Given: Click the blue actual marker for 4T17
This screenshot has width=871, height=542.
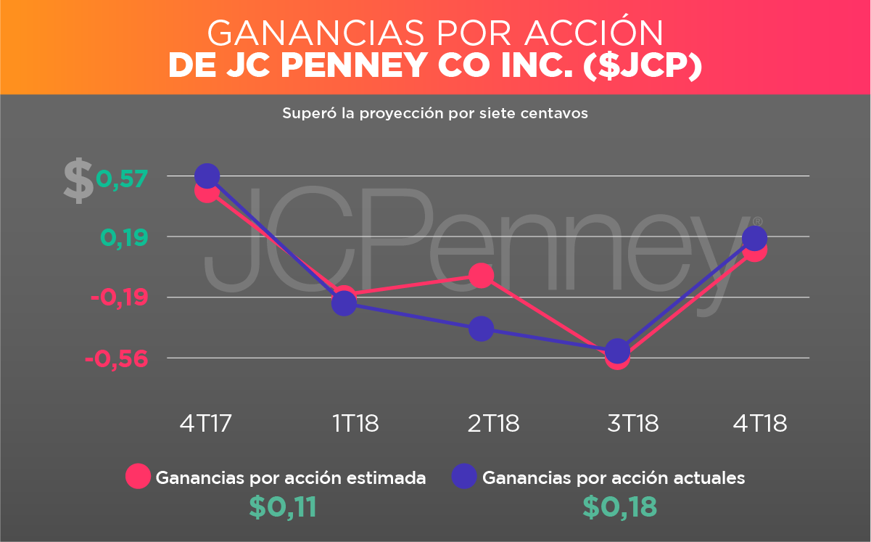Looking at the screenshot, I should coord(207,176).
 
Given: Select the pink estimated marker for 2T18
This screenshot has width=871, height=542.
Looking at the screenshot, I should coord(481,275).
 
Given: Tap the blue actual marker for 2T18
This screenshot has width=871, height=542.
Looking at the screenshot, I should coord(481,329).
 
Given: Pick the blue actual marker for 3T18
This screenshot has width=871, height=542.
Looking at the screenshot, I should coord(617,350).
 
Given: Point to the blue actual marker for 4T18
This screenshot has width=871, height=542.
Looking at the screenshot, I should coord(755,237).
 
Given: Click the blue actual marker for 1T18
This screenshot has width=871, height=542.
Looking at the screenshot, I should coord(344,303).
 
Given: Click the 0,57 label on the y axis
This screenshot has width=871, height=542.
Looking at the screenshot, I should coord(122,177).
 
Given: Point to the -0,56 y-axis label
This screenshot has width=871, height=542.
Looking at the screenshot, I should coord(117,359).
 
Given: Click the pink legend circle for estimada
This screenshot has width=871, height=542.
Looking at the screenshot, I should coord(138,477).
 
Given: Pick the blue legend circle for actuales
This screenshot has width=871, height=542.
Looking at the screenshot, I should coord(464,477).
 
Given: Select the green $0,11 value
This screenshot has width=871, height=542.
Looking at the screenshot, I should coord(283,507).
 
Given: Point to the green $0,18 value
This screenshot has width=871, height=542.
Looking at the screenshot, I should coord(620,507).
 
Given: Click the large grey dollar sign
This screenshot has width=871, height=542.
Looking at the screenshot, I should coord(78,181).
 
